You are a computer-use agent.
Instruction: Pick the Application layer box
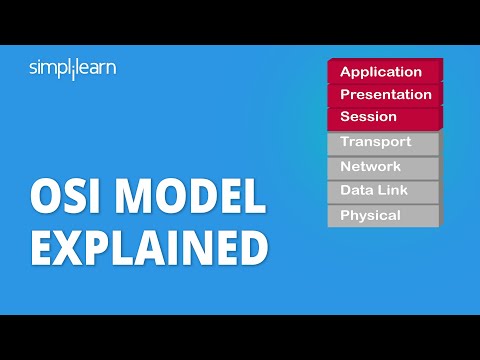381,72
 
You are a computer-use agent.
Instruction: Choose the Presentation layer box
385,95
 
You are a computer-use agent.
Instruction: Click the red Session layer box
383,118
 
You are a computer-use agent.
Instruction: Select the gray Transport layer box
383,143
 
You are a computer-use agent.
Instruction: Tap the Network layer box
383,167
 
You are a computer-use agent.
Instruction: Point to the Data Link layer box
383,191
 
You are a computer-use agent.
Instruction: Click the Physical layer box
383,215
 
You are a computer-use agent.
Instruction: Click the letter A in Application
346,72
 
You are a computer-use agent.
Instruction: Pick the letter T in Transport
344,143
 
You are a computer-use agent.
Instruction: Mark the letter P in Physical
345,215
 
